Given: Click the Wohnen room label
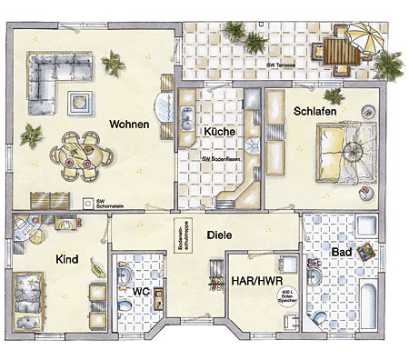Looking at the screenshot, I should pos(130,124).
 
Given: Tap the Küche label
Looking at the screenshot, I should pos(219,132).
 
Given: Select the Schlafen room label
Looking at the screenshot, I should pos(315,111).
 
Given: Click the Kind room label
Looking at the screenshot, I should pos(67,260).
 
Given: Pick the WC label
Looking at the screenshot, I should pos(141,292).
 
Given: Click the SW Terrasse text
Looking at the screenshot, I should pos(284,65).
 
